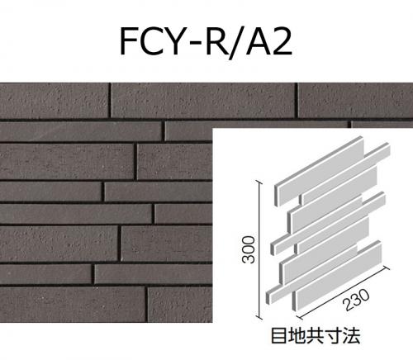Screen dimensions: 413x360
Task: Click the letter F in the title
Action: pos(129,41)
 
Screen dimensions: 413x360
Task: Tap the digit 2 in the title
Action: pos(282,41)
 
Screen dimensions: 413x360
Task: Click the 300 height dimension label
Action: pos(249,249)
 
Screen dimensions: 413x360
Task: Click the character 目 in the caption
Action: pos(279,335)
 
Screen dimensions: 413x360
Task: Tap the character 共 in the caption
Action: pos(316,335)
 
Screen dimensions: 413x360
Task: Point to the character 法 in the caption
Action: pos(352,335)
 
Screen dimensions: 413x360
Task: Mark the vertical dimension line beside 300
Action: pos(259,249)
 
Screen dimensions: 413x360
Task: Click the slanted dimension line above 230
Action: pos(344,292)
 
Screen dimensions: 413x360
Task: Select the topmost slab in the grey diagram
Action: pos(320,171)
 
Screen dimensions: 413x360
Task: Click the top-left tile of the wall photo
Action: pos(54,101)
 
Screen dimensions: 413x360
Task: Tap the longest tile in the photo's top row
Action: pos(203,101)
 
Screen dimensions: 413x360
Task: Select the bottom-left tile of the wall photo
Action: pos(73,305)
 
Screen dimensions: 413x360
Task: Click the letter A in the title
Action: pos(259,41)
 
